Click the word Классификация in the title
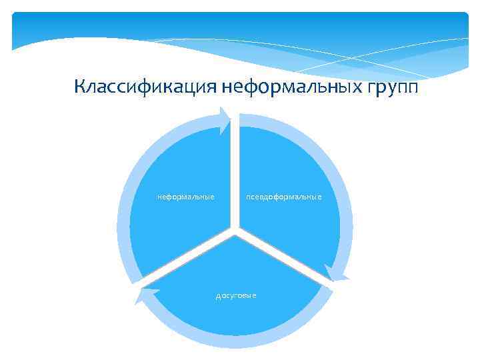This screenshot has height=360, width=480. pos(145,87)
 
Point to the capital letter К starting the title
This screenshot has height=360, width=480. pos(80,87)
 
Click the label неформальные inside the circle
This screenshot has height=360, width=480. pos(185,197)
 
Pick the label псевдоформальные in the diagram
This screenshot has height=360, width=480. pos(283,197)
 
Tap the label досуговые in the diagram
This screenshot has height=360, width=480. pos(236,295)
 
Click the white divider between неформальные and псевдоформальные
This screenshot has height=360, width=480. pos(235,173)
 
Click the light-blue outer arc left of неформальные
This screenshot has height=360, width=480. pos(123,220)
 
